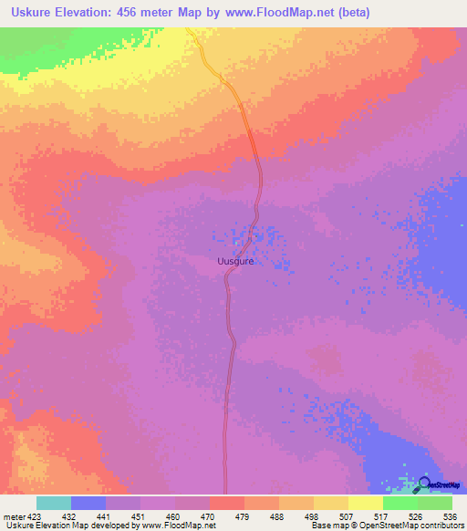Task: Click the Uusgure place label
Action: coord(234,262)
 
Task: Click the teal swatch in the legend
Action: coord(54,503)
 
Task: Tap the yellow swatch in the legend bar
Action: coord(366,503)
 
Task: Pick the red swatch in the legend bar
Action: coord(227,503)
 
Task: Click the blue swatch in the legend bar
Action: coord(88,503)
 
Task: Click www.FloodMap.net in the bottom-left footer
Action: coord(178,526)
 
